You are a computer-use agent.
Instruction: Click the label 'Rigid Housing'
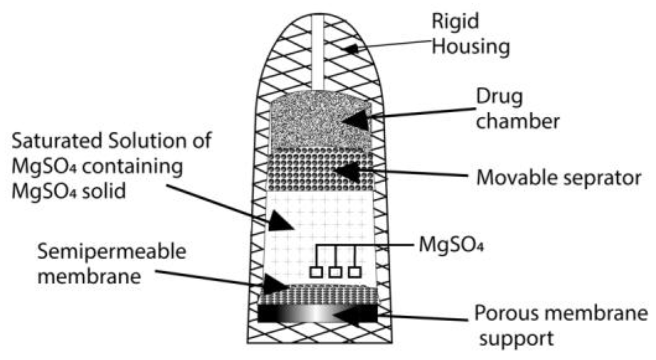point(470,34)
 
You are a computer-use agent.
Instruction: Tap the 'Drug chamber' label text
point(517,109)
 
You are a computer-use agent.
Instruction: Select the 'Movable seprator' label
point(558,178)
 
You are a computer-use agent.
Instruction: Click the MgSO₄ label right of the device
point(451,245)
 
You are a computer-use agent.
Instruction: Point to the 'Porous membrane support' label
point(560,326)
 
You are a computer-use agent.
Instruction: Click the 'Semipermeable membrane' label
point(111,264)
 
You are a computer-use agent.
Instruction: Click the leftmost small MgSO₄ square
point(316,272)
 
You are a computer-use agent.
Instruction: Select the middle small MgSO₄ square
point(335,272)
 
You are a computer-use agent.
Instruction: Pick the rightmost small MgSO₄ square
point(355,272)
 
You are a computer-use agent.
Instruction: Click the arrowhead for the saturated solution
point(281,222)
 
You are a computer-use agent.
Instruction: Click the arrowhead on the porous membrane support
point(346,315)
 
